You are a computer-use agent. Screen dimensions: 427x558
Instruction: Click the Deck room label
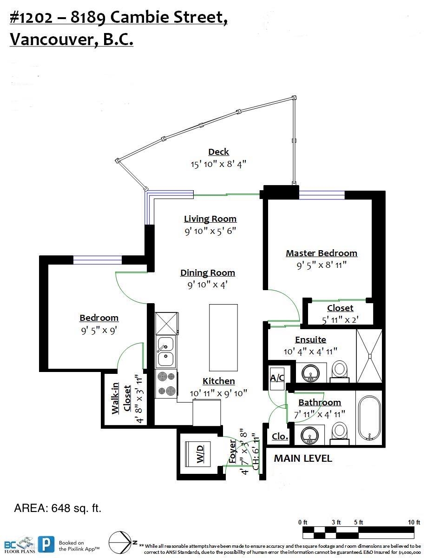218,152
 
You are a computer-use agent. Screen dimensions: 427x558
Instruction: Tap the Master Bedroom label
322,253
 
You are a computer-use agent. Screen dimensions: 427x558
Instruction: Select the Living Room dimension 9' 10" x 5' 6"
210,231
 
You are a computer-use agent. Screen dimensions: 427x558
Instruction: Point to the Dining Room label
208,272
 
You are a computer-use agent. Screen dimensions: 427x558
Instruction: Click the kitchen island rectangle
223,338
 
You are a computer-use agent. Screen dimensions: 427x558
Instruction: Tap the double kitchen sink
166,352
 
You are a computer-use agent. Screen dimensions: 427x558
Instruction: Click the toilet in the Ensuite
339,372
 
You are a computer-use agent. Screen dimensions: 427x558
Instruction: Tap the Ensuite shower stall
369,356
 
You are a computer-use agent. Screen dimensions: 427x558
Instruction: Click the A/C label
277,378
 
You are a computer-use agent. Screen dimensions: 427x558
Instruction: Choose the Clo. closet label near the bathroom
280,436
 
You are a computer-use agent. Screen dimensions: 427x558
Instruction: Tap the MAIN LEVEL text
303,458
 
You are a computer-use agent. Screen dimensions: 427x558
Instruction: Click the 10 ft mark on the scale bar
414,522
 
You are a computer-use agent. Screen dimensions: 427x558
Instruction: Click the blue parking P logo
46,544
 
